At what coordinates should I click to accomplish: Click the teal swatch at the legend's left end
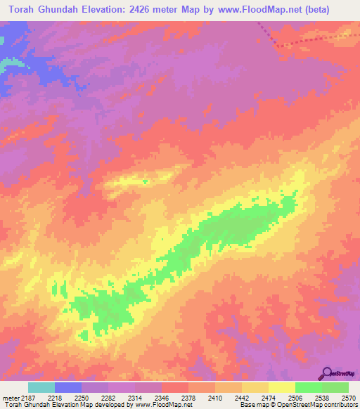(x=41, y=387)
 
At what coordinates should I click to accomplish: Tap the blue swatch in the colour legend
(x=68, y=387)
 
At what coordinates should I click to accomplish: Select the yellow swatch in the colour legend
(x=281, y=387)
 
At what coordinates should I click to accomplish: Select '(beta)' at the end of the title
(x=330, y=11)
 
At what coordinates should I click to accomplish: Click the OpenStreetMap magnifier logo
(x=327, y=372)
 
